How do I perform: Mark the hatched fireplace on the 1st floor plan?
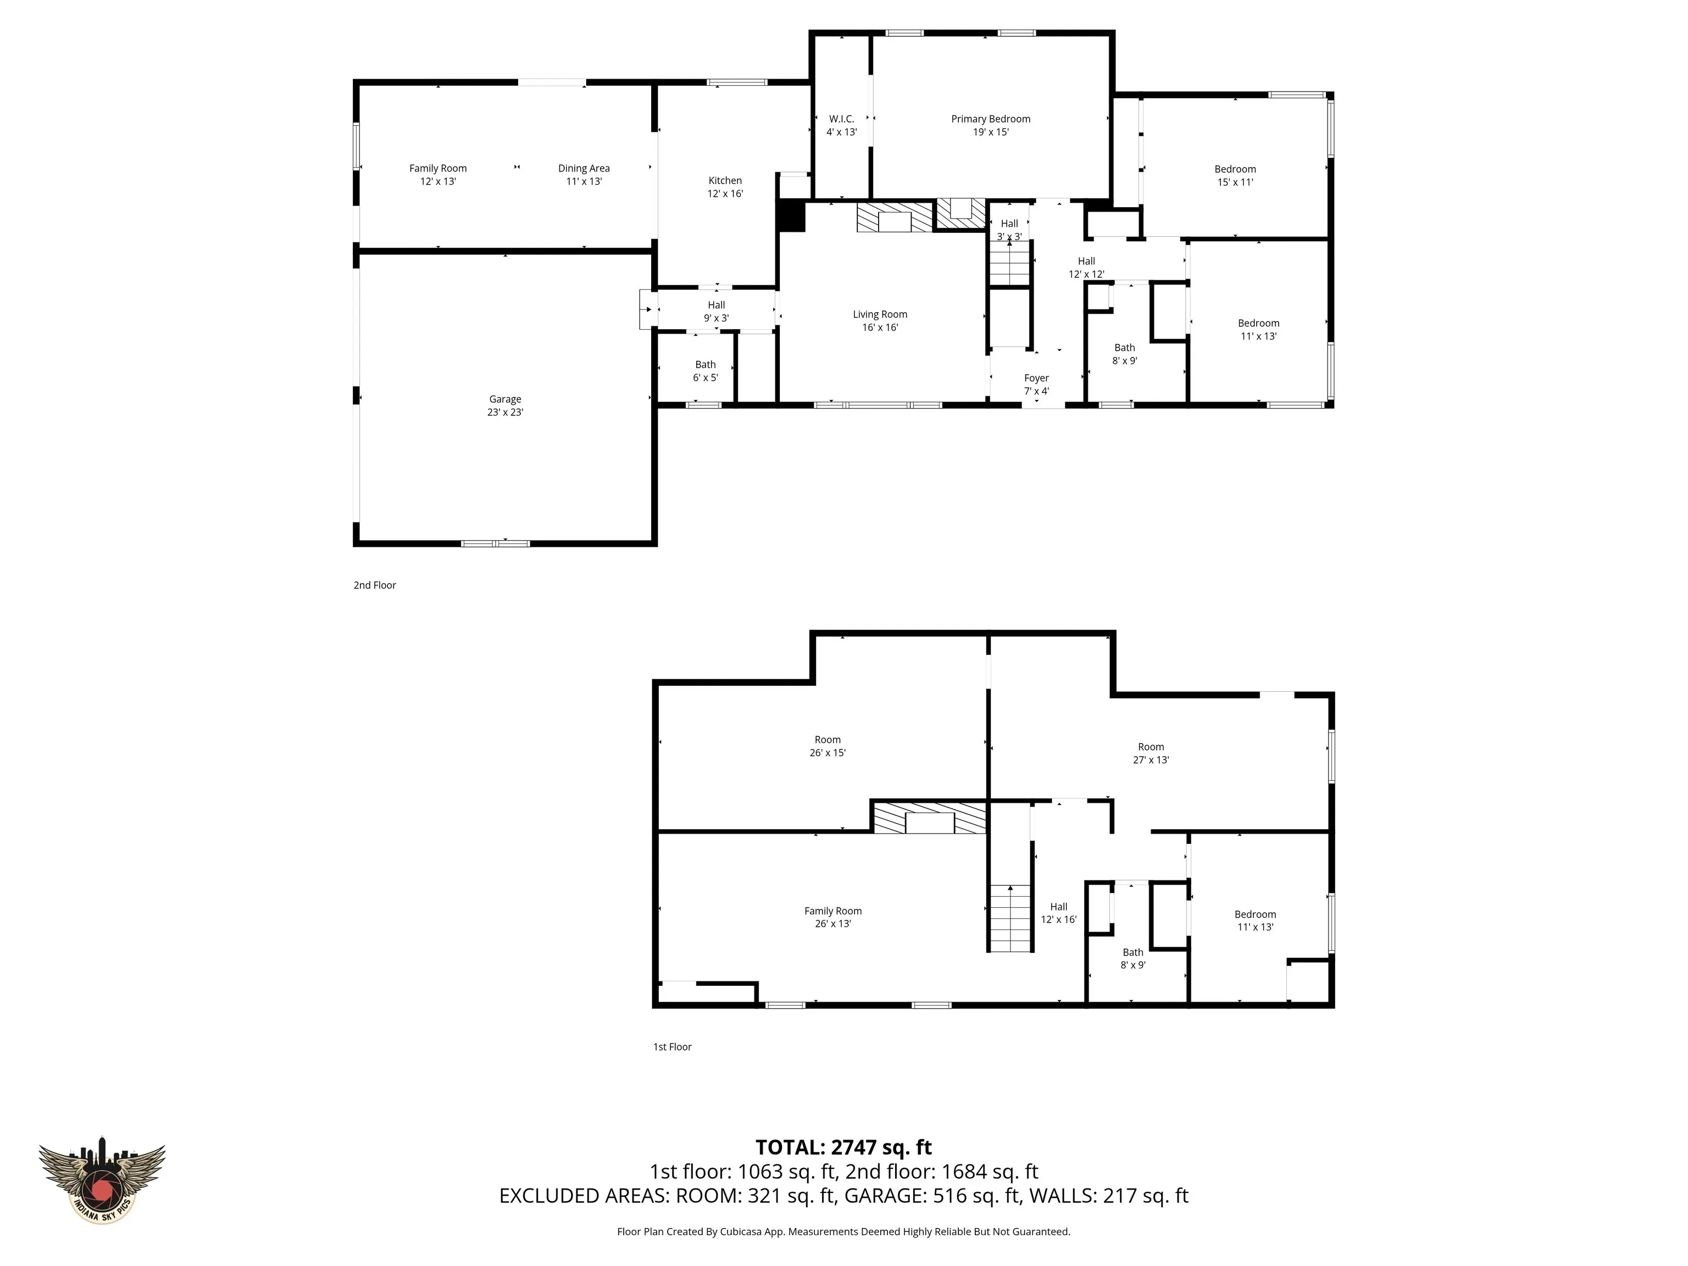[x=930, y=817]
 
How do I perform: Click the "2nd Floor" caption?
[x=375, y=585]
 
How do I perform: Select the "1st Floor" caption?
[x=673, y=1047]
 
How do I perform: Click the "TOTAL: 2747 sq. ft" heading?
[x=843, y=1147]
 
